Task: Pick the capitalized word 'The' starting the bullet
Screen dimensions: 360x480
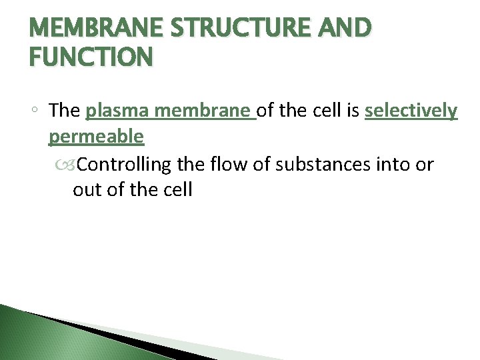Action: [65, 110]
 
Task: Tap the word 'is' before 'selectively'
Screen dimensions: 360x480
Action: [353, 110]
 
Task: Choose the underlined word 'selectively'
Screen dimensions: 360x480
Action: [411, 111]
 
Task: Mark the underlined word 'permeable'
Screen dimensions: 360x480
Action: [96, 137]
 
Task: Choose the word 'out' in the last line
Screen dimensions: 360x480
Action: [86, 190]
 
